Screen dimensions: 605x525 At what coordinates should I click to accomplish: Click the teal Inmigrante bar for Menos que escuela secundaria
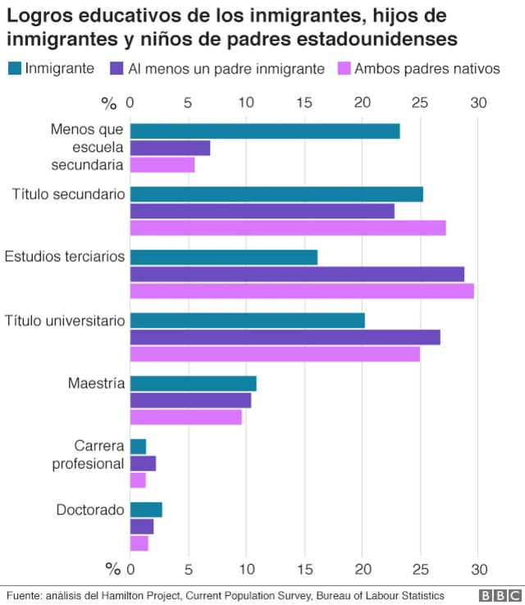point(264,131)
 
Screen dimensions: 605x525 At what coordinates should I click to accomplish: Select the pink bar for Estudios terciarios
point(302,291)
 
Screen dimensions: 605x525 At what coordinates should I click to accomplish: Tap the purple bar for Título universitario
point(285,337)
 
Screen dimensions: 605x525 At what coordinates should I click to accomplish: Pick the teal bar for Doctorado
point(146,510)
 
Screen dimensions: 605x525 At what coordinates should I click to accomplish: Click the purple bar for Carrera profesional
point(143,464)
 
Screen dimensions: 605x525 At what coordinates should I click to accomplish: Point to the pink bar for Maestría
point(185,417)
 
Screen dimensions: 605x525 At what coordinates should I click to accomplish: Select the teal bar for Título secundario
point(276,195)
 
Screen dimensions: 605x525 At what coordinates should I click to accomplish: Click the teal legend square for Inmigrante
point(15,69)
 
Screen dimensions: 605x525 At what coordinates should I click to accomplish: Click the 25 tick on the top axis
point(419,103)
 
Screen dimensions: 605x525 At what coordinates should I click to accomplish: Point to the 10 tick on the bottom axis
point(246,570)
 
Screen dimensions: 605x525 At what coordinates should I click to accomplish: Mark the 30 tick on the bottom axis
point(478,570)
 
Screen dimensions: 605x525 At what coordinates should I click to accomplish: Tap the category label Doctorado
point(90,510)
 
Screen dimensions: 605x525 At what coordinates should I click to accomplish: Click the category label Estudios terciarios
point(65,257)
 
